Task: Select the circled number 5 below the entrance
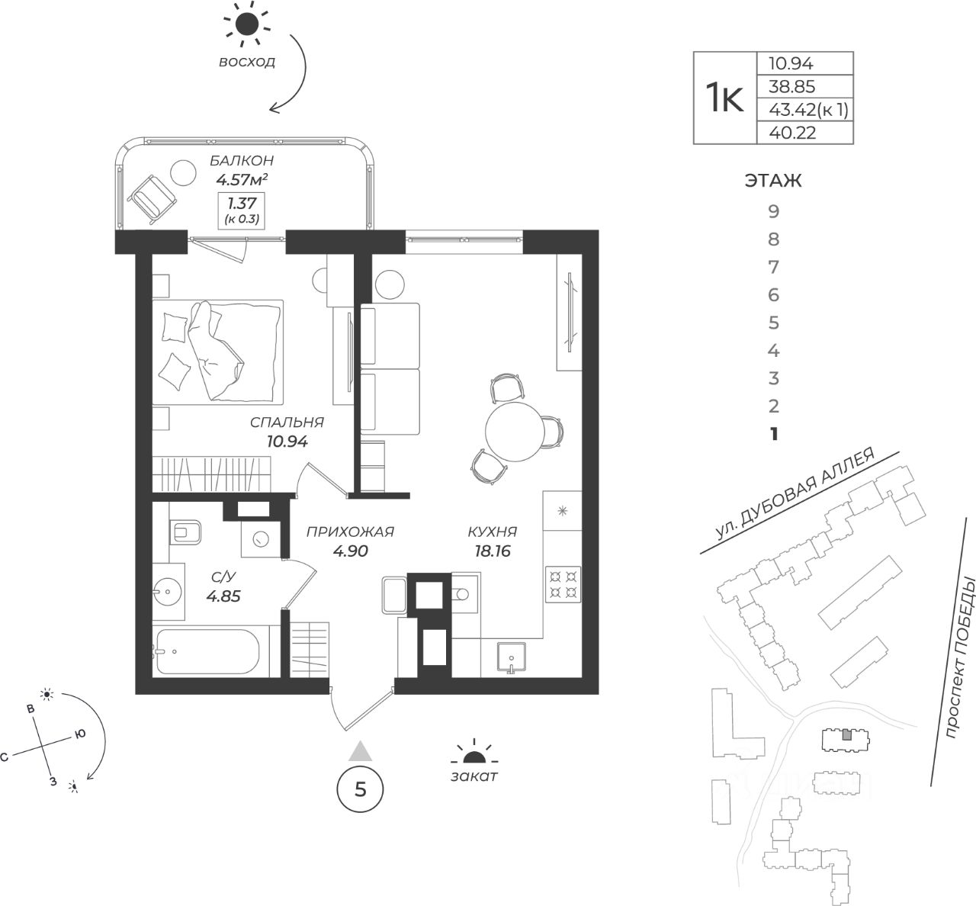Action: pyautogui.click(x=360, y=789)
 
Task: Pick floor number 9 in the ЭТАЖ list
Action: pyautogui.click(x=773, y=212)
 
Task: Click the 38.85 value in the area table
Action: pyautogui.click(x=791, y=86)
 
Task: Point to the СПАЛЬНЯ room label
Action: pyautogui.click(x=287, y=422)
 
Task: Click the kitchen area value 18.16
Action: pyautogui.click(x=493, y=551)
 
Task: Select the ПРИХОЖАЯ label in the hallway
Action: pyautogui.click(x=351, y=532)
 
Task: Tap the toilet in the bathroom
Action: pyautogui.click(x=185, y=532)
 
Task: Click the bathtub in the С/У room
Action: pyautogui.click(x=208, y=652)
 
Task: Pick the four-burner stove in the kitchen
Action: pyautogui.click(x=563, y=584)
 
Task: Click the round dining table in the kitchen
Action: pyautogui.click(x=515, y=432)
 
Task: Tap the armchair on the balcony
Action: pyautogui.click(x=152, y=198)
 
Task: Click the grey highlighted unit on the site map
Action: pyautogui.click(x=846, y=748)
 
